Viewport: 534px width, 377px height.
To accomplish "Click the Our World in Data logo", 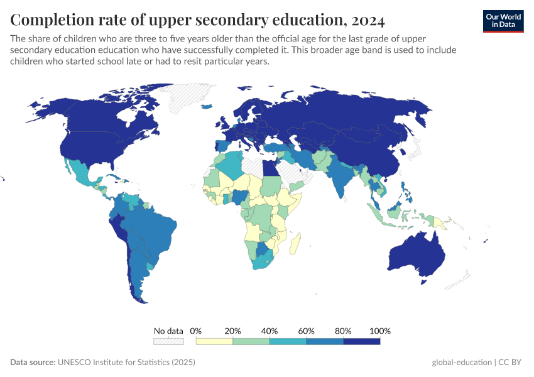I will click(503, 21).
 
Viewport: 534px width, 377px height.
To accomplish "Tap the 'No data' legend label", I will click(168, 331).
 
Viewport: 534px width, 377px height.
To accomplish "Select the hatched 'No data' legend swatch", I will click(168, 341).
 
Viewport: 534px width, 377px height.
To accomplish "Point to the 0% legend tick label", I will click(196, 331).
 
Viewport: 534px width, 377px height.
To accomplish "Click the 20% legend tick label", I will click(233, 331).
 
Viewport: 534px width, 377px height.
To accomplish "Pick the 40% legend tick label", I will click(270, 331).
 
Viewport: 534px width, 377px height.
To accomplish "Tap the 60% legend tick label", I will click(307, 331).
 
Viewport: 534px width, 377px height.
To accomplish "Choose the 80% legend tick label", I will click(344, 331).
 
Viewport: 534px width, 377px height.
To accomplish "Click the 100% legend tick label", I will click(380, 331).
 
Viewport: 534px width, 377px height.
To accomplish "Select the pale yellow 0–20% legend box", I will click(214, 341).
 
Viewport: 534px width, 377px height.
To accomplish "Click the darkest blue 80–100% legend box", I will click(362, 341).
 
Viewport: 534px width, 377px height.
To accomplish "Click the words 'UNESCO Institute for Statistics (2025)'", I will click(126, 363).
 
